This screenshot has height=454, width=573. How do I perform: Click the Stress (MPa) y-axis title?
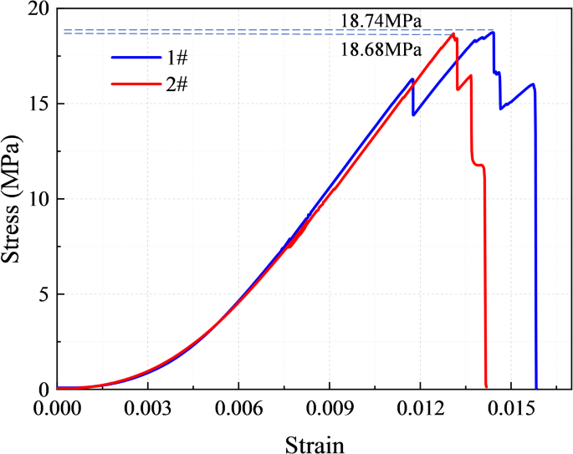13,199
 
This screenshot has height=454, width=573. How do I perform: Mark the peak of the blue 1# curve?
493,32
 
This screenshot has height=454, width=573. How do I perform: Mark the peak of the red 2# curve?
453,33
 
